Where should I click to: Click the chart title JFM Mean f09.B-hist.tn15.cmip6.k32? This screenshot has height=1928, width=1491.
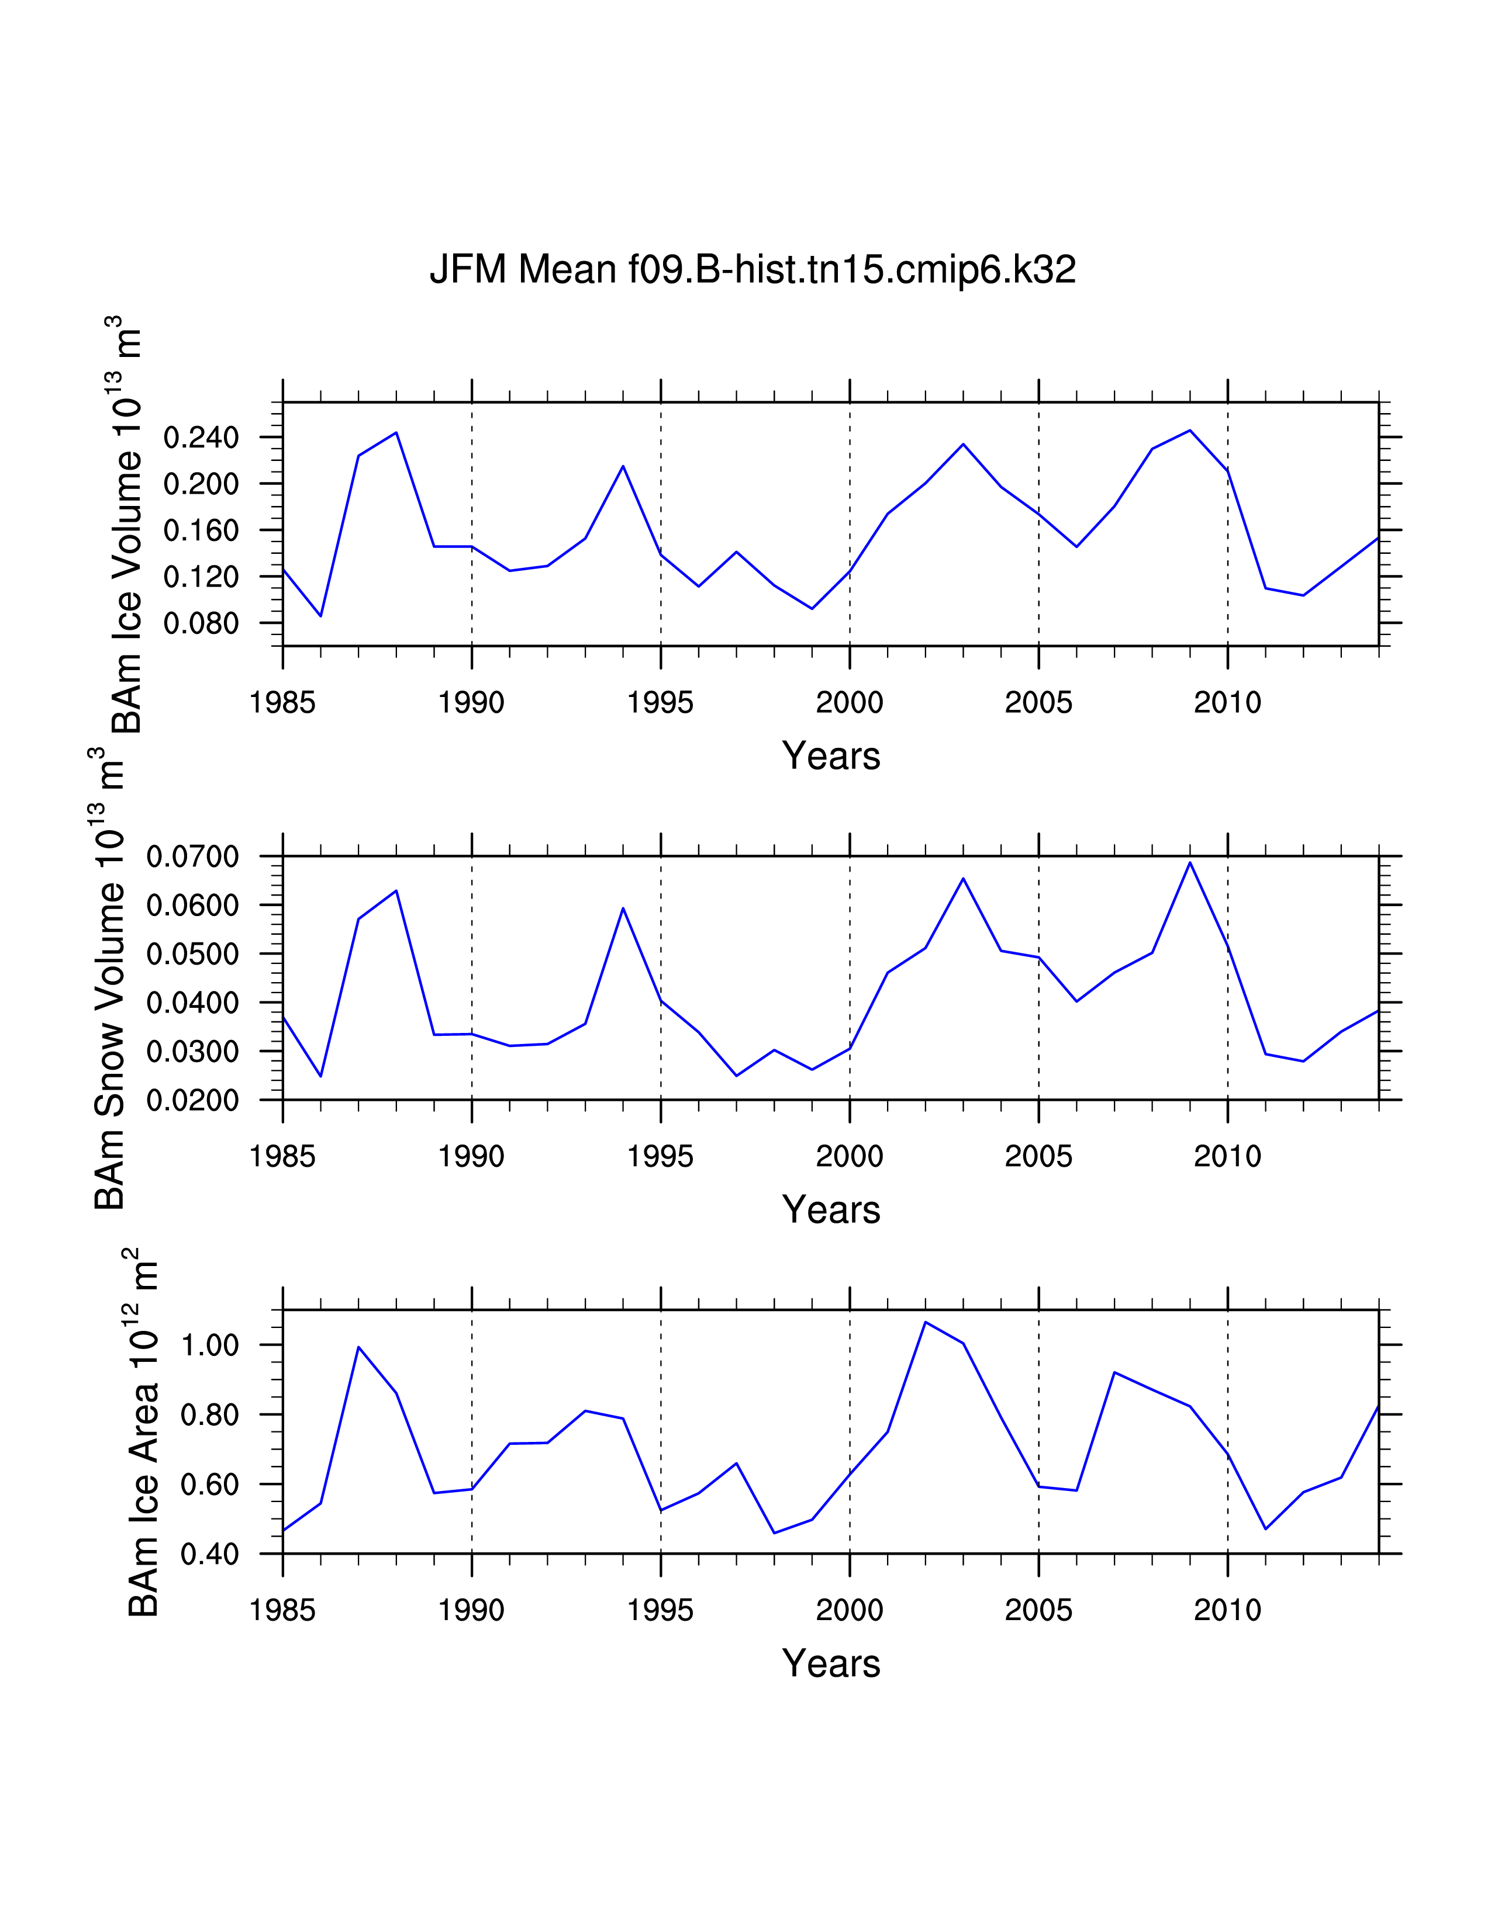753,269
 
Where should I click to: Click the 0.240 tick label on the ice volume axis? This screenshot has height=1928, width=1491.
201,438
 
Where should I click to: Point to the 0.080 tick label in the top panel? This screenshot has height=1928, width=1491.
201,624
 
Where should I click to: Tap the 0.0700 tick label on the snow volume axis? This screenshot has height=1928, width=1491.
192,856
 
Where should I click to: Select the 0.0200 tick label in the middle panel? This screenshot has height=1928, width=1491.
192,1101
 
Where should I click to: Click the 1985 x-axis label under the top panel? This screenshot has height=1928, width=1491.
282,703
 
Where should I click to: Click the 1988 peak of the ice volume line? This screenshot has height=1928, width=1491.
396,432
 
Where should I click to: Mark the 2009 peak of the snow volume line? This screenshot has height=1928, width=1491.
1190,862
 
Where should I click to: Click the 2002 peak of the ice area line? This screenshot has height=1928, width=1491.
925,1322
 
